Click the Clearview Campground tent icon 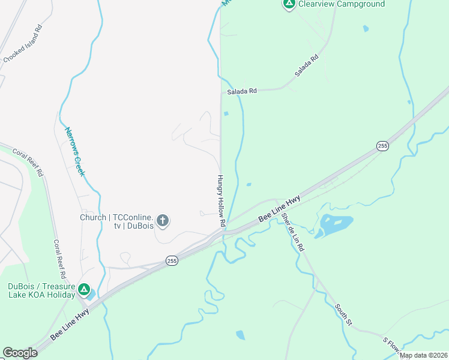289,5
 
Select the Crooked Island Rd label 23,44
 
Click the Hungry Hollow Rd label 221,200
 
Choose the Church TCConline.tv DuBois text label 118,221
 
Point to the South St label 343,314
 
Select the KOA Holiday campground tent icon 85,291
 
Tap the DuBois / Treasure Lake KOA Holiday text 41,290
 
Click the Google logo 20,352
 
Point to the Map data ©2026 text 423,355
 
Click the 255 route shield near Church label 172,261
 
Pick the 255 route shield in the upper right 382,146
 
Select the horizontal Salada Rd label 242,91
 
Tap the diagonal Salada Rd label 306,65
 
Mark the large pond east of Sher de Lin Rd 334,225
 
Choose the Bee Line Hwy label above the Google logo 70,324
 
